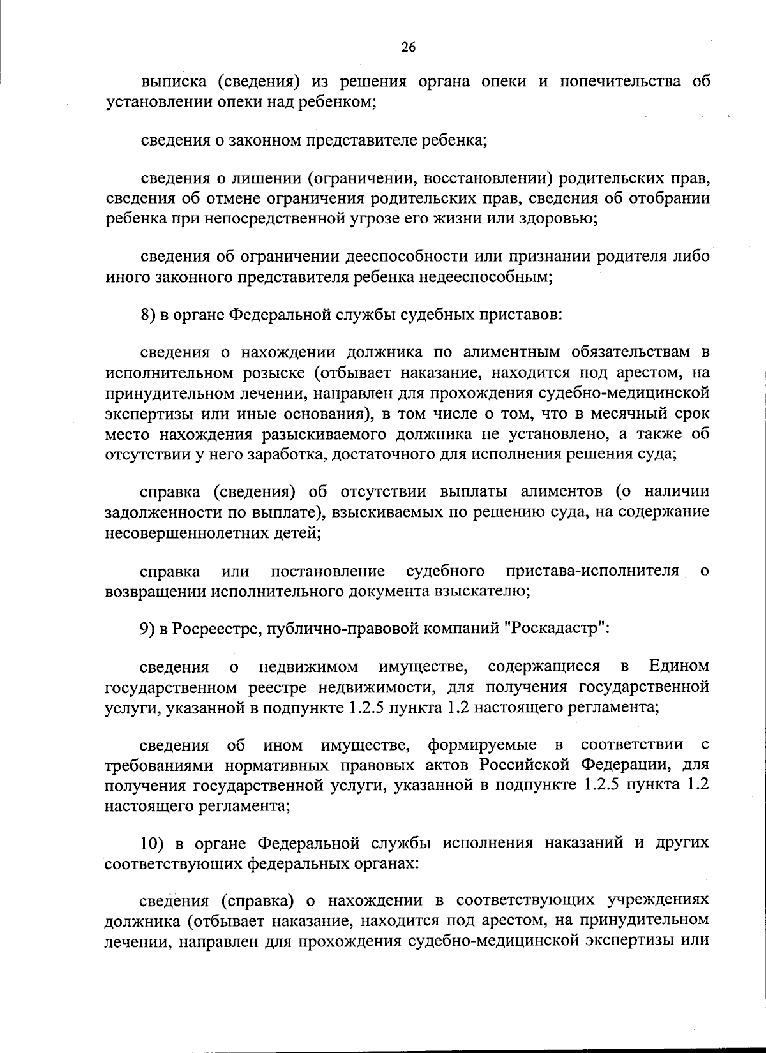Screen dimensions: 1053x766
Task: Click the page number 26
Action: point(409,47)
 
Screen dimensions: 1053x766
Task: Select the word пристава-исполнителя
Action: point(592,571)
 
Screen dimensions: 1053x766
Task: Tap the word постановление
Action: point(327,571)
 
